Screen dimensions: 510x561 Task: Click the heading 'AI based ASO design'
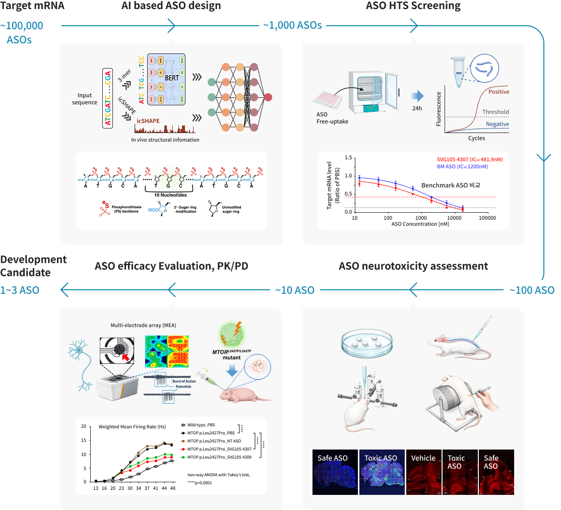coord(171,7)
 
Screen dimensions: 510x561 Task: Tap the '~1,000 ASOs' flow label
coord(292,25)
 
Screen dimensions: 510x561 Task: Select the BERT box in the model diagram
coord(166,79)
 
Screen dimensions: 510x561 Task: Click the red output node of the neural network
coord(268,97)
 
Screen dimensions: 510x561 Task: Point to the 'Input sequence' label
coord(85,99)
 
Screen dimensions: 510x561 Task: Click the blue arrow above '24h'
coord(417,96)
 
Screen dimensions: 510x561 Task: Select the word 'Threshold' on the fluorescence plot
coord(495,112)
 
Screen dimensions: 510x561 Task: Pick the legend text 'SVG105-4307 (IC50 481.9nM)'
coord(470,159)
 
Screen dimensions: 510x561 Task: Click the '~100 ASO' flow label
coord(532,290)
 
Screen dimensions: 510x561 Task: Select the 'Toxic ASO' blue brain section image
coord(381,472)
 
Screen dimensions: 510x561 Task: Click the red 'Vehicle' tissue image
coord(423,472)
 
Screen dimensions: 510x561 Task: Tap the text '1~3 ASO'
coord(20,290)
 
